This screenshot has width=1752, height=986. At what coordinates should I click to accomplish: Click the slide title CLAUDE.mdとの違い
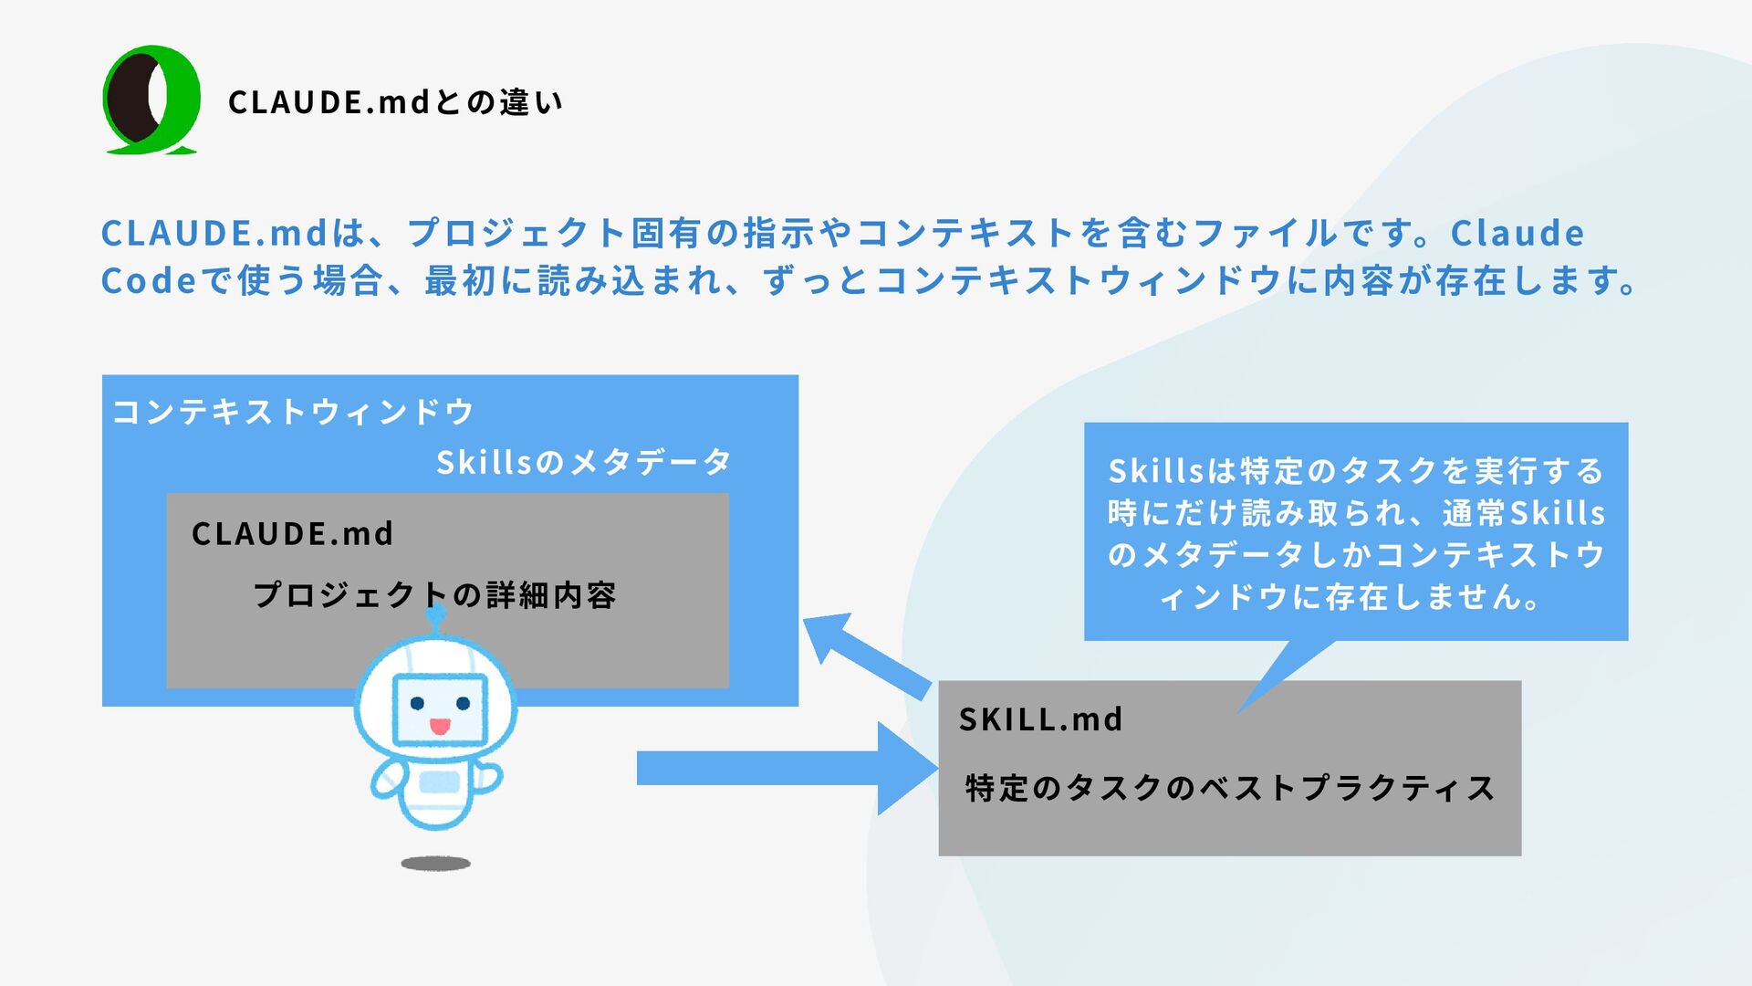click(x=395, y=101)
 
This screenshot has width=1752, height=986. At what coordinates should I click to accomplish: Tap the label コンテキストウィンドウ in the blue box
click(x=293, y=412)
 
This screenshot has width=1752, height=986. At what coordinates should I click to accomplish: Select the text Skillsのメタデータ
click(x=584, y=462)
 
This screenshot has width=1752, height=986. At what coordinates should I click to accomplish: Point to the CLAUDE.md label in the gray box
click(x=292, y=533)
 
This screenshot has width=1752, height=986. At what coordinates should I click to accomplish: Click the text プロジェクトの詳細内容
click(x=434, y=595)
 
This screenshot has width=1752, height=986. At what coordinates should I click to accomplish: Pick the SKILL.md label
click(x=1040, y=719)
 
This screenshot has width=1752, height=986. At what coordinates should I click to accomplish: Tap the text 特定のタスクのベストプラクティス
click(x=1230, y=787)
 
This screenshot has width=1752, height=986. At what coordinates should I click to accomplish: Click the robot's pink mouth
click(x=440, y=727)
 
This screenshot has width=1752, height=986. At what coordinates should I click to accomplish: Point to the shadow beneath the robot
click(x=436, y=863)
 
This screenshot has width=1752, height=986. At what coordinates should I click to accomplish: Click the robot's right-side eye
click(x=463, y=703)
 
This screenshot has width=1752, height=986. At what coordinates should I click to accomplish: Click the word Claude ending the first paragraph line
click(x=1517, y=233)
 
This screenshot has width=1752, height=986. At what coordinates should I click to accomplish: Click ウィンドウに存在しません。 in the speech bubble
click(x=1350, y=597)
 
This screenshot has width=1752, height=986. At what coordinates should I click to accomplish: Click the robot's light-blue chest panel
click(x=439, y=782)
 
